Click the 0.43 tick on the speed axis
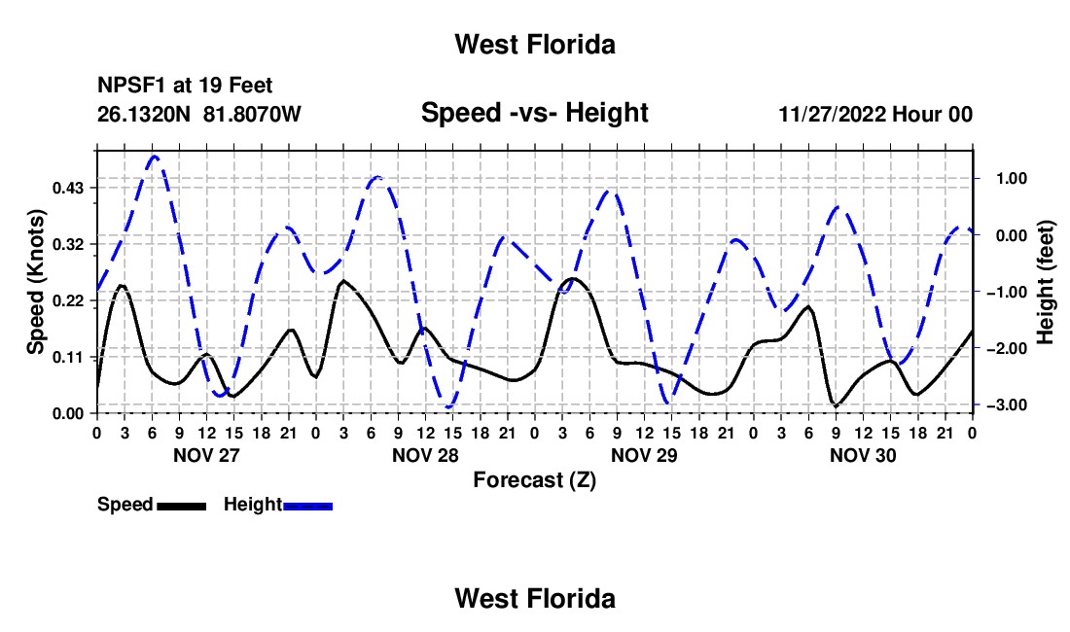pos(68,188)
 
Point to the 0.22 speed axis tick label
pos(68,300)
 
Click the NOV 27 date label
pos(207,455)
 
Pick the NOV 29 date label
pos(644,455)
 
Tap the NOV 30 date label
pos(863,455)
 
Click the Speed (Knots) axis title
pos(35,282)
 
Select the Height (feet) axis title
pos(1046,282)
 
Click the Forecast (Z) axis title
pos(534,480)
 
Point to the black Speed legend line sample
pos(182,506)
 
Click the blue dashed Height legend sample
pos(307,506)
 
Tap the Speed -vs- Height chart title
pos(534,113)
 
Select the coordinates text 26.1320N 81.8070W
pos(198,114)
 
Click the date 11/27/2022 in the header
pos(832,114)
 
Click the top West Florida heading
pos(535,45)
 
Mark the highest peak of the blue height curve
pos(155,157)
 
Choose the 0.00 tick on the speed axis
pos(68,414)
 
